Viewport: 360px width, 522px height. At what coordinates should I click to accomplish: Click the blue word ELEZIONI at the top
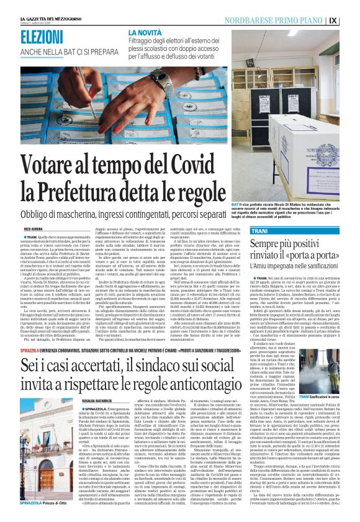(47, 37)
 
